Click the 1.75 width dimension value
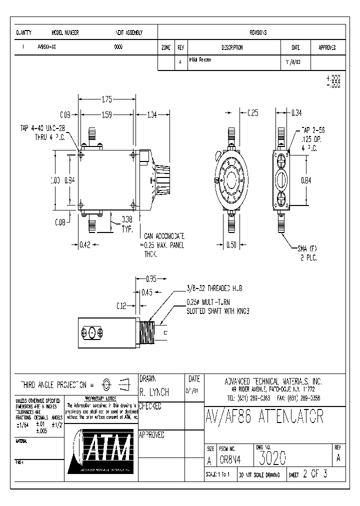pyautogui.click(x=106, y=99)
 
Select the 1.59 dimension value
pyautogui.click(x=106, y=115)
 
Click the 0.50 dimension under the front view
pyautogui.click(x=230, y=245)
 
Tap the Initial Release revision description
pyautogui.click(x=200, y=59)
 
